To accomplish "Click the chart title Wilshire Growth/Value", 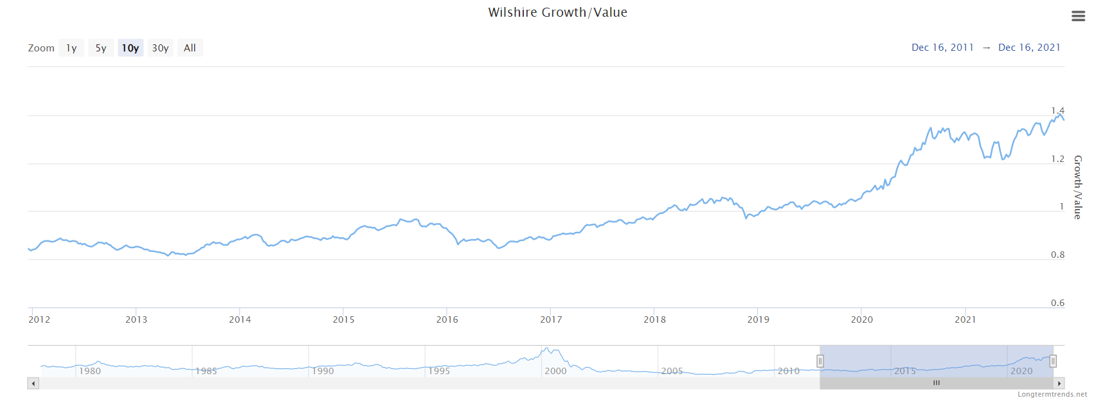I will coord(557,12).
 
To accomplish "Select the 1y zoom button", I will coord(71,48).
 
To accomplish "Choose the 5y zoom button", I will coord(101,48).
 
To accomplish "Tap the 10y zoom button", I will coord(130,48).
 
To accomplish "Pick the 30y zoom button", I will coord(160,48).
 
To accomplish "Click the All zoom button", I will coord(190,48).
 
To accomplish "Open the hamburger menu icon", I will coord(1078,16).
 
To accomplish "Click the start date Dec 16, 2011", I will coord(942,48).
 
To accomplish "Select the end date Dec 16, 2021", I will coord(1029,48).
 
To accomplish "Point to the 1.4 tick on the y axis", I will coord(1057,111).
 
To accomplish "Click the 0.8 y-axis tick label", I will coord(1057,255).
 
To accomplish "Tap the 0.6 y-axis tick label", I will coord(1057,303).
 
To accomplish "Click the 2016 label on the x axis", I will coord(447,319).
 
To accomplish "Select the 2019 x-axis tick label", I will coord(758,319).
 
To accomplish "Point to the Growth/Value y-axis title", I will coord(1078,187).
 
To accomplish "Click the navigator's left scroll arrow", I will coord(33,384).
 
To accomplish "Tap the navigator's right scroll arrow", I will coord(1059,384).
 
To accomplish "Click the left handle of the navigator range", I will coord(820,361).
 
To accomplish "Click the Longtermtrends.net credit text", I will coord(1052,394).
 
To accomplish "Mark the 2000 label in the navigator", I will coord(555,371).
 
